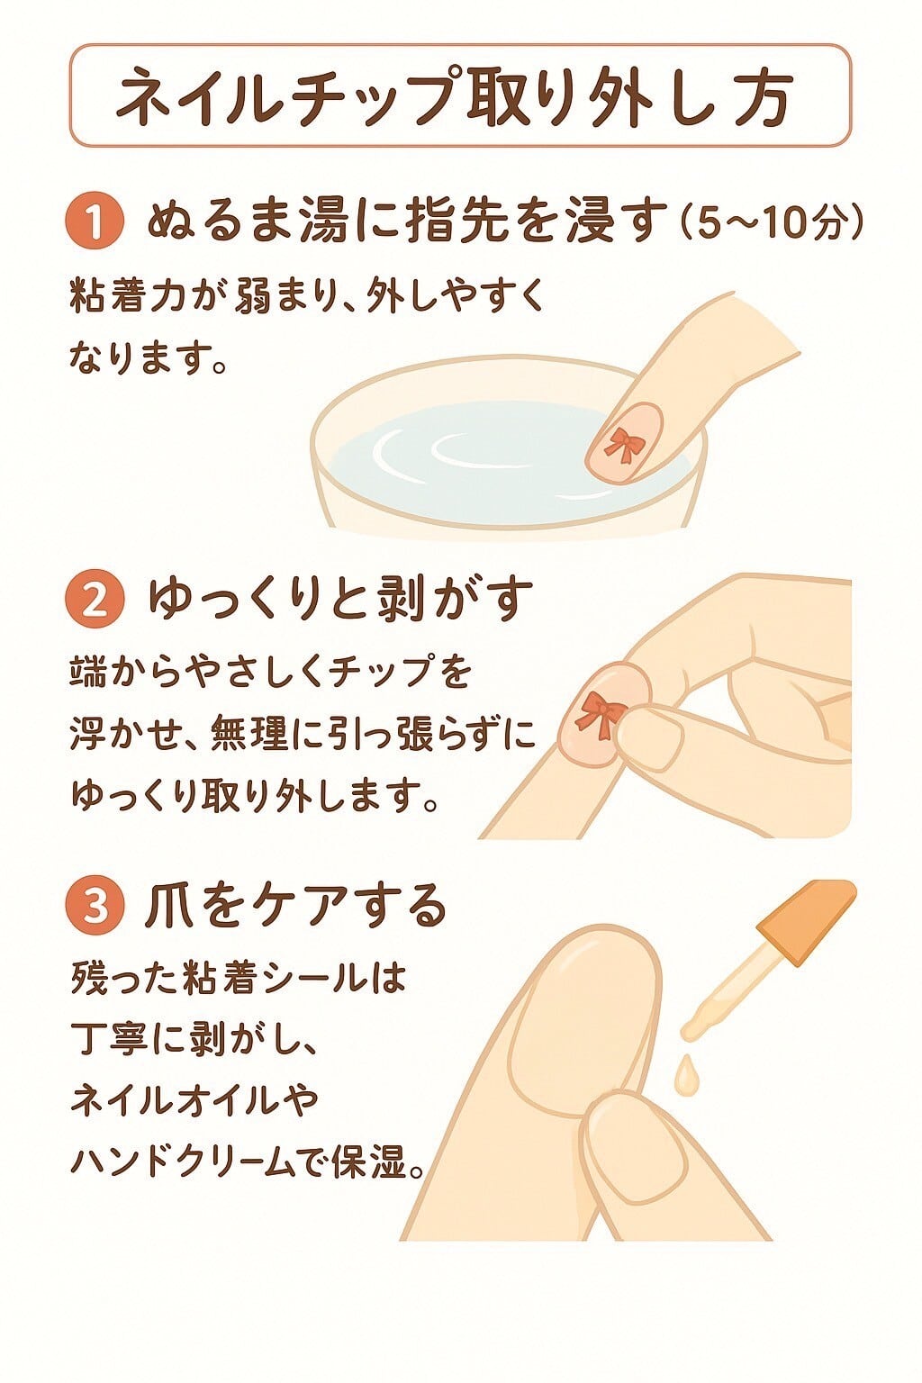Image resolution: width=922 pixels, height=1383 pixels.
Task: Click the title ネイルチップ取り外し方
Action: [459, 95]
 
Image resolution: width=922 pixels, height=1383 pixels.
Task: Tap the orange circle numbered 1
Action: [95, 221]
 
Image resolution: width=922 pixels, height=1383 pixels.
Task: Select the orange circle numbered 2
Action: [95, 600]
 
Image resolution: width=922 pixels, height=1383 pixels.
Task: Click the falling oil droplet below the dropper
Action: [687, 1072]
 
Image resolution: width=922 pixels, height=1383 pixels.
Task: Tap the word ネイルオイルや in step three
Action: [194, 1100]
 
